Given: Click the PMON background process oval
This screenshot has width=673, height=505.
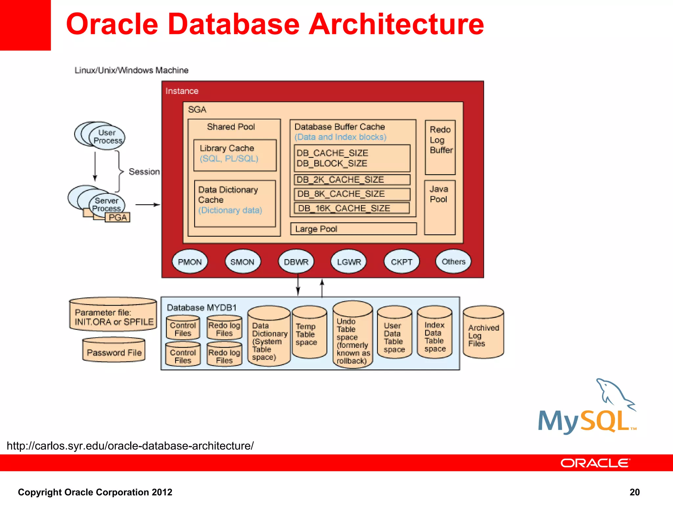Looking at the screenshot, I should pyautogui.click(x=190, y=262).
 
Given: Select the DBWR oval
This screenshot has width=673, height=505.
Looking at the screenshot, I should pyautogui.click(x=296, y=262).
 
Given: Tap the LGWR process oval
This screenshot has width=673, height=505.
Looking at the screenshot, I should pyautogui.click(x=349, y=262).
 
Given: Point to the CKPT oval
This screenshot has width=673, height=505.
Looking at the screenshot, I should pyautogui.click(x=401, y=262).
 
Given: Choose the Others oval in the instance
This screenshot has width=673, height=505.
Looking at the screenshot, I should pyautogui.click(x=453, y=261).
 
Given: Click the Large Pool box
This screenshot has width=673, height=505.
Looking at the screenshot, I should pyautogui.click(x=353, y=229).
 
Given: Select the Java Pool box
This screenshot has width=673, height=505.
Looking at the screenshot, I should pyautogui.click(x=440, y=207).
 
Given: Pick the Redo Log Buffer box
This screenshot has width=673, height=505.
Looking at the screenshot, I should pyautogui.click(x=440, y=147).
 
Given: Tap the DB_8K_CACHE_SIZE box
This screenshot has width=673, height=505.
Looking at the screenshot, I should pyautogui.click(x=352, y=194).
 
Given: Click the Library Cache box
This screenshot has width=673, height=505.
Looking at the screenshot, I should pyautogui.click(x=235, y=155).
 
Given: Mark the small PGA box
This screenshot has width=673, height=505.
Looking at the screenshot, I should pyautogui.click(x=117, y=217).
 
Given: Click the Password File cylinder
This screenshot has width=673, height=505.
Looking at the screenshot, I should pyautogui.click(x=114, y=351).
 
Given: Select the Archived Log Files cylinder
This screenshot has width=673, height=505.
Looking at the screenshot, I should pyautogui.click(x=483, y=333).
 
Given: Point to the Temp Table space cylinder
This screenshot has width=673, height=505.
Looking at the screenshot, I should pyautogui.click(x=309, y=333).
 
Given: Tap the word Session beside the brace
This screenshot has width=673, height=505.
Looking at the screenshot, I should pyautogui.click(x=144, y=172).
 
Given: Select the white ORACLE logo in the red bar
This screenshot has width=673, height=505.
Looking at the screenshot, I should pyautogui.click(x=595, y=463).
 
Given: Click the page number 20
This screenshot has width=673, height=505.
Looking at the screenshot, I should pyautogui.click(x=634, y=492).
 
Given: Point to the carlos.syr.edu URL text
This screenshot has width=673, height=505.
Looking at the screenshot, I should pyautogui.click(x=130, y=446).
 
